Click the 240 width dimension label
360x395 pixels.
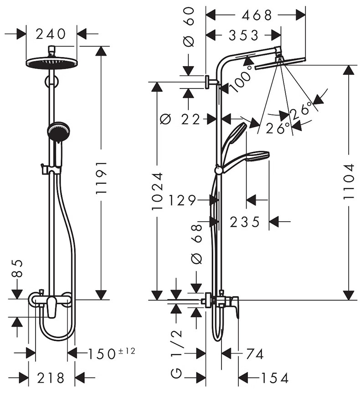click(51, 34)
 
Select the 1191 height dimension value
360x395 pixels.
click(102, 177)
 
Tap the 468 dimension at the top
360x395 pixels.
click(257, 16)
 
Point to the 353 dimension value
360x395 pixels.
click(243, 35)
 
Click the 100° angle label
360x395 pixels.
click(241, 78)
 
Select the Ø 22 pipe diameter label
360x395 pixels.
click(180, 119)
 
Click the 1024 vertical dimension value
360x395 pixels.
click(158, 192)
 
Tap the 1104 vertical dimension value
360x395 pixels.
click(349, 182)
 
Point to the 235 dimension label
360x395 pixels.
click(245, 222)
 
